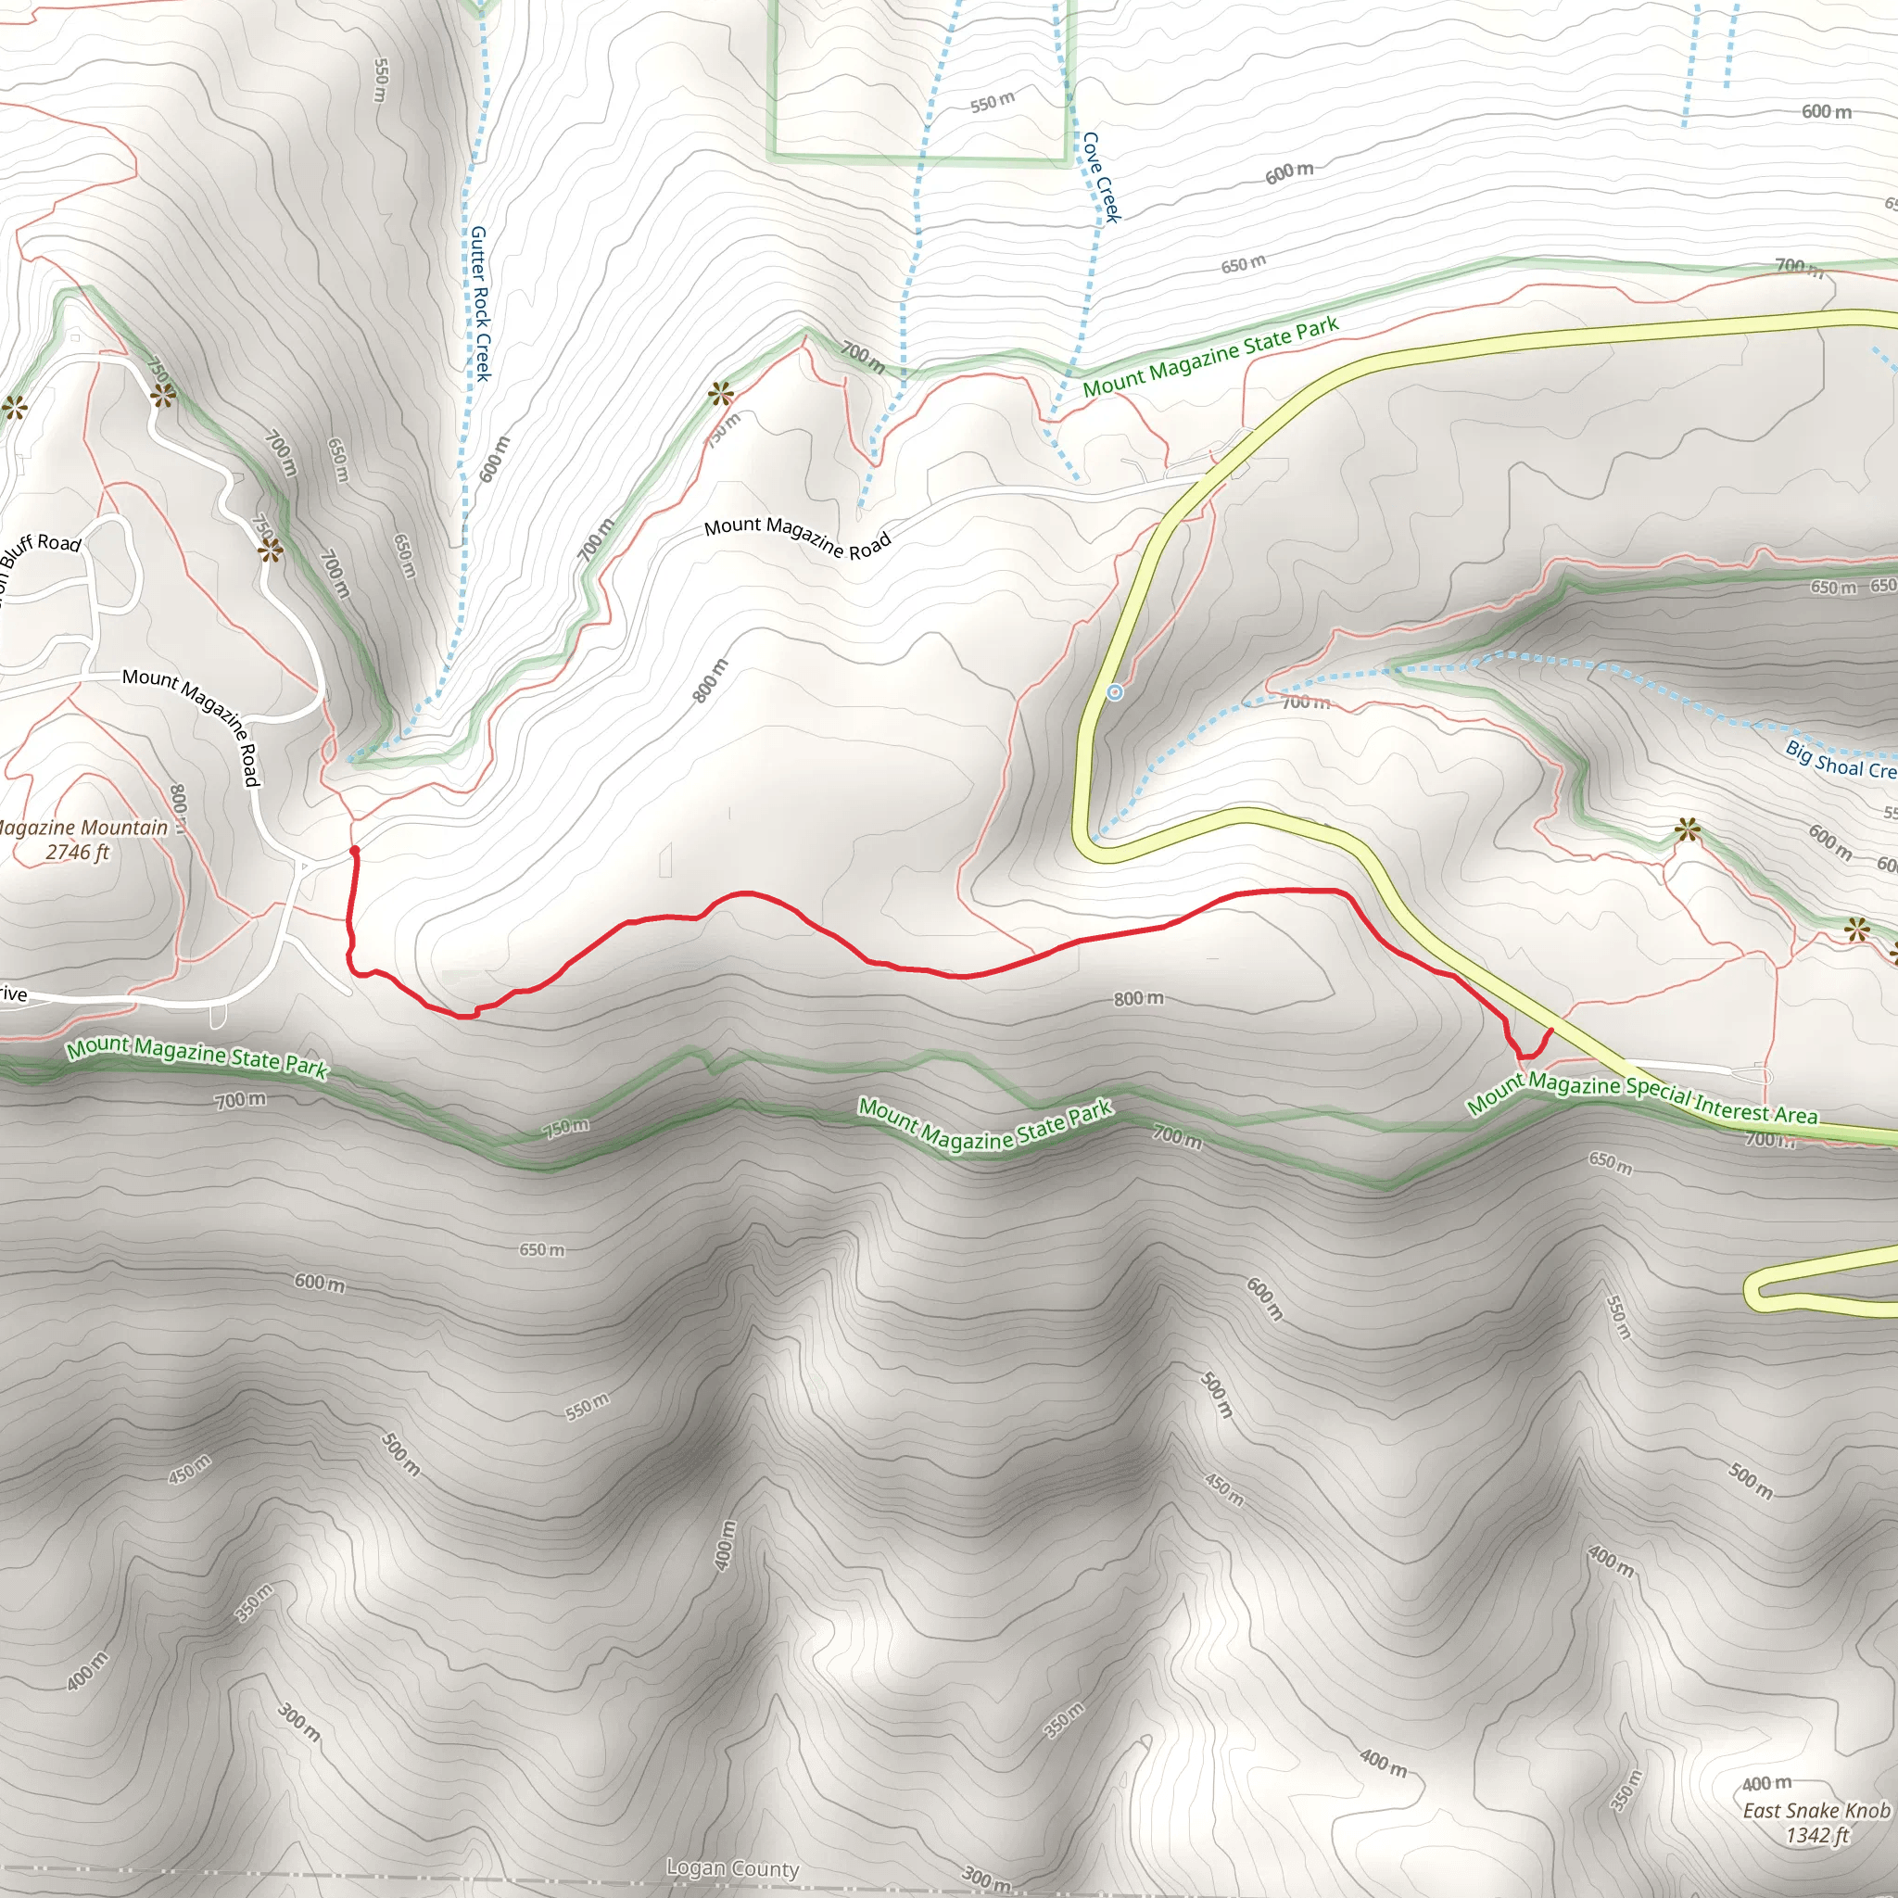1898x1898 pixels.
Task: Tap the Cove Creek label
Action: coord(1100,178)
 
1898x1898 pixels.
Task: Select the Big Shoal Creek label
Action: coord(1839,759)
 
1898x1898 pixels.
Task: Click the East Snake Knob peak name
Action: coord(1816,1810)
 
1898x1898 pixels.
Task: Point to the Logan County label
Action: coord(733,1867)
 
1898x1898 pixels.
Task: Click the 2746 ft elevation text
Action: coord(78,852)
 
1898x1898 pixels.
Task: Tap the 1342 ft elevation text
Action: coord(1817,1834)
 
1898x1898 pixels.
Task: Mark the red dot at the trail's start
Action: coord(355,851)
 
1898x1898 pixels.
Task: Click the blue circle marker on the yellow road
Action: coord(1114,692)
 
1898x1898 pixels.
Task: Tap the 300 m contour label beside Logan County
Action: coord(985,1878)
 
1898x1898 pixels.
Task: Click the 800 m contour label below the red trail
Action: coord(1138,998)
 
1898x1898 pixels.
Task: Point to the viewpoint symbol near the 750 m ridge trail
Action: coord(721,396)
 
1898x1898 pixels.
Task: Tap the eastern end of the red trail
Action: coord(1550,1031)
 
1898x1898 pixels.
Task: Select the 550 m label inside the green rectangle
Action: coord(993,101)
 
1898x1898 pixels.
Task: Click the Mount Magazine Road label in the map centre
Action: coord(797,537)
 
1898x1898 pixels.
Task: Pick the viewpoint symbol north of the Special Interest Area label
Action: coord(1688,831)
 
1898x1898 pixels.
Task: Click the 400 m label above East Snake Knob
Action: coord(1766,1783)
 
